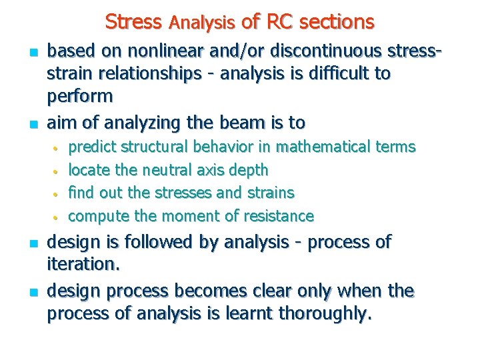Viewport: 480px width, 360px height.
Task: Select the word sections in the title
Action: click(x=337, y=22)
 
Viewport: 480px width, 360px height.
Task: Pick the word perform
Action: click(x=80, y=95)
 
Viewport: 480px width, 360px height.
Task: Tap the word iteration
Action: click(x=83, y=264)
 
